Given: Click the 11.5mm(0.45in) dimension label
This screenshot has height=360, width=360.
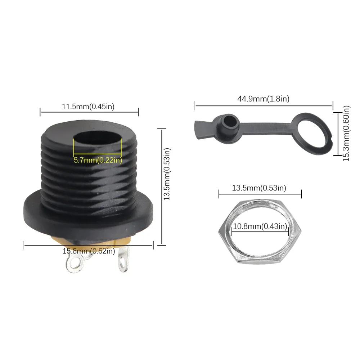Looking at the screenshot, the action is point(88,107).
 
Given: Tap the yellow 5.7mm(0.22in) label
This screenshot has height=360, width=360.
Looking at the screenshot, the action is point(98,160).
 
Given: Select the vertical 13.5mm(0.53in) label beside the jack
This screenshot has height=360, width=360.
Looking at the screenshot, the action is point(167,174).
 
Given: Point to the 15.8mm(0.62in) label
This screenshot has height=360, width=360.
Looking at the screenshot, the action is point(89,251).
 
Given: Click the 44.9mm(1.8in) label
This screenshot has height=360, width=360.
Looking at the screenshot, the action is point(264,99).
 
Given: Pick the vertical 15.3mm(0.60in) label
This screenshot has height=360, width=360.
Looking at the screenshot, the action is point(346,134).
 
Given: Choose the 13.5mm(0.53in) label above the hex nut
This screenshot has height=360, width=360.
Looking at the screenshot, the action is point(259,188).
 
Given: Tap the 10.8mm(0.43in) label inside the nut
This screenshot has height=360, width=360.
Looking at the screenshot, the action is point(260,226).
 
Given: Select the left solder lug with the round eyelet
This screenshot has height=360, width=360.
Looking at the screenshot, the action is point(75,263).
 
